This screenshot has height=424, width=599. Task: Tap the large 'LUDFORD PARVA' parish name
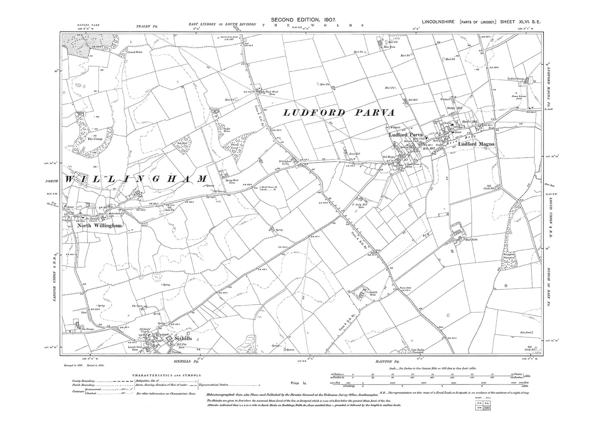pos(339,113)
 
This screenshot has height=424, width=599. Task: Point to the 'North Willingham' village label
pos(99,226)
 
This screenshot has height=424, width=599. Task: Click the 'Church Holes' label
pos(135,53)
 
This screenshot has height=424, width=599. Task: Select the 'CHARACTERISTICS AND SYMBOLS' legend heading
pos(167,375)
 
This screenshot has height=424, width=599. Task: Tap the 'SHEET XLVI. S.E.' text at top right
pos(518,22)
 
